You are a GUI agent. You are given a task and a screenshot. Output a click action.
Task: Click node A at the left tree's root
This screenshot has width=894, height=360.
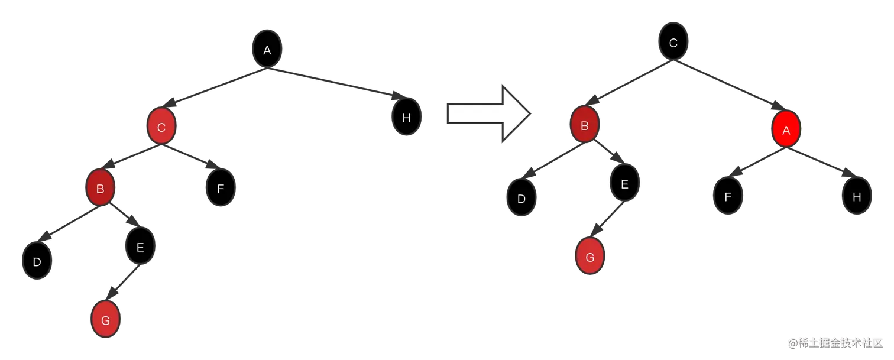267,50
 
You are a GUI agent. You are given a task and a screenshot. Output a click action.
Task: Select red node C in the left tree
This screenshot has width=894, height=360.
161,126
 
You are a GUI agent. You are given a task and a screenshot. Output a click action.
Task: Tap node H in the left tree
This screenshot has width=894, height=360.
406,118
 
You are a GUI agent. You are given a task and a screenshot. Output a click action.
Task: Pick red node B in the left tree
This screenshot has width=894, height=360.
100,189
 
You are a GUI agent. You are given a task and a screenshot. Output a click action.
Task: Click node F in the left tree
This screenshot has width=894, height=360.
221,189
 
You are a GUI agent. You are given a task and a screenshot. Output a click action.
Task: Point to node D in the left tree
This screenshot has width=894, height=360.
37,262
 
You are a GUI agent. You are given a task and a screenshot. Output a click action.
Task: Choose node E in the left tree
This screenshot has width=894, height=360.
140,247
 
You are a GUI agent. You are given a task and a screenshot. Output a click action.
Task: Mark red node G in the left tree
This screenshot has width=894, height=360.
106,320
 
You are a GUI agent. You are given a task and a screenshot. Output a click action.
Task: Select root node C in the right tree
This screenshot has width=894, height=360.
673,43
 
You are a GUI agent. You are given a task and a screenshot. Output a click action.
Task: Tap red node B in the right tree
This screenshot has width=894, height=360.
585,125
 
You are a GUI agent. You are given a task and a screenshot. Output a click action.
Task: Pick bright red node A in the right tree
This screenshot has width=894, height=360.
786,131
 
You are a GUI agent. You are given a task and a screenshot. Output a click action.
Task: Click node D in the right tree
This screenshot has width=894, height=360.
521,199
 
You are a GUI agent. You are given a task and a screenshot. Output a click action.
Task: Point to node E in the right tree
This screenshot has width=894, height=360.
624,184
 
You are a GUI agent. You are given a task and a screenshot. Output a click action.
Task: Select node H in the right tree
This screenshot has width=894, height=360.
857,197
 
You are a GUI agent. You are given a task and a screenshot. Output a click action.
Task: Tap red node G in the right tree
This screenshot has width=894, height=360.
590,258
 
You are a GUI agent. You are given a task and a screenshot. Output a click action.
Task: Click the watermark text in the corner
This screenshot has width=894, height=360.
834,342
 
